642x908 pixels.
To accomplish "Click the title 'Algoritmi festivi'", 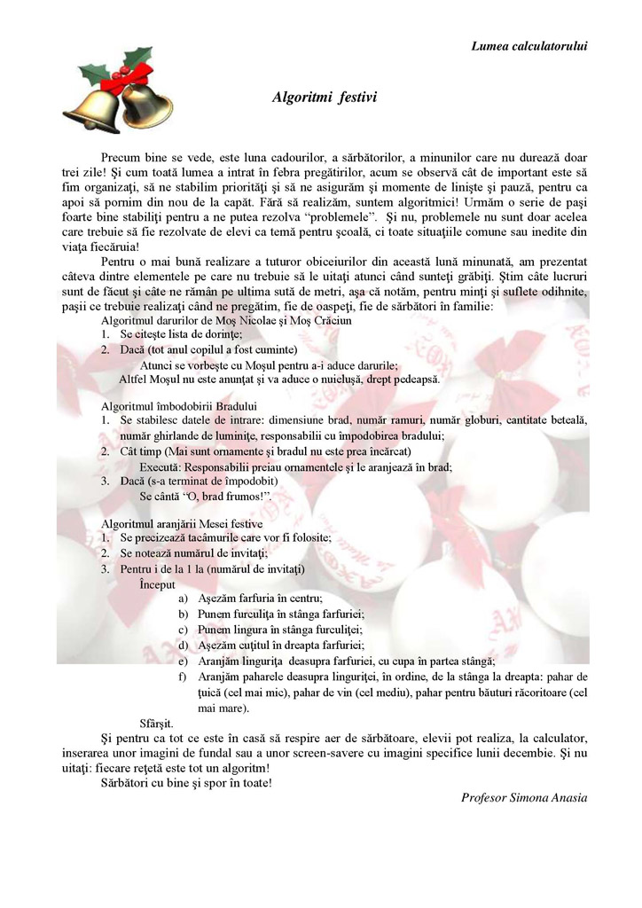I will (x=324, y=97).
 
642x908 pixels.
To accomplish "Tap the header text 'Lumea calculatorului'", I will (x=528, y=45).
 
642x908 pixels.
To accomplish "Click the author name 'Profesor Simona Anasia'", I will (x=523, y=797).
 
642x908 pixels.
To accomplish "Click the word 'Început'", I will (x=157, y=584).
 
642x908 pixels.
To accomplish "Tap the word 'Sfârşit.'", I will (x=156, y=724).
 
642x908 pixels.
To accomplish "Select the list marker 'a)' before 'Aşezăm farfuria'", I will (x=184, y=599).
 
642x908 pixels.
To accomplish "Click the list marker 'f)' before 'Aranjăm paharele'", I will (x=184, y=677).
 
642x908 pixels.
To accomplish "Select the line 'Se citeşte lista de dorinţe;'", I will (x=181, y=334).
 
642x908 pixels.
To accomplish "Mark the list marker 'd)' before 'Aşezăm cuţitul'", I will (x=184, y=646).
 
